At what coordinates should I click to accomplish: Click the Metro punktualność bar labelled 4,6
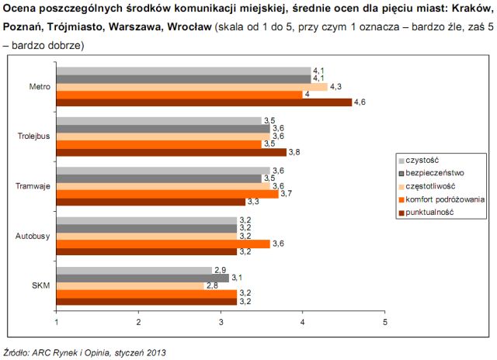pos(203,102)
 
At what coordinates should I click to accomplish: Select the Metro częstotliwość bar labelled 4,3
pos(191,86)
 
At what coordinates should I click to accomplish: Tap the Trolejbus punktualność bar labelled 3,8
pos(171,151)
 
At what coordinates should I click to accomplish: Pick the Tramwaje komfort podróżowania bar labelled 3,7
pos(167,193)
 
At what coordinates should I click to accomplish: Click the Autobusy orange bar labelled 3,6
pos(163,243)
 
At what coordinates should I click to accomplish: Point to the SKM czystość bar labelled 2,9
pos(134,269)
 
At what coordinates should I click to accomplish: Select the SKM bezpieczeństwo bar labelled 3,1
pos(142,277)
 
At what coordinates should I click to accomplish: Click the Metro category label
pos(40,86)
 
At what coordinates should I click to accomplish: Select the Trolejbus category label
pos(34,136)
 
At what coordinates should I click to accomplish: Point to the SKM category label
pos(41,285)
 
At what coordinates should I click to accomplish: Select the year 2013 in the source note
pos(156,351)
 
